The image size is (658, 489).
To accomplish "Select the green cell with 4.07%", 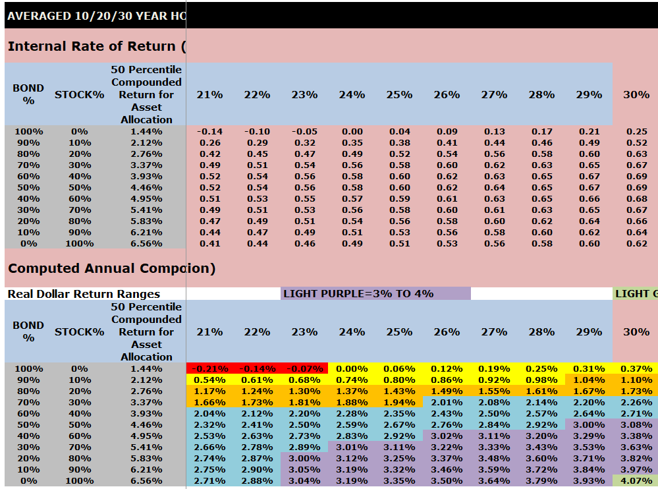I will pyautogui.click(x=636, y=481).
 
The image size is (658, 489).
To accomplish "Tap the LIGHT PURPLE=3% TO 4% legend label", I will pyautogui.click(x=358, y=293).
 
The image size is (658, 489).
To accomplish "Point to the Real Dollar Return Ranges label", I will pyautogui.click(x=84, y=294).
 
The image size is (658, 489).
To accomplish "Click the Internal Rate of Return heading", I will pyautogui.click(x=96, y=46).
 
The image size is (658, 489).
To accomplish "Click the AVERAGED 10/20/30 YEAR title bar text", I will pyautogui.click(x=96, y=16).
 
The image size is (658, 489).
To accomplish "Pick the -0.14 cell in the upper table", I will pyautogui.click(x=209, y=132).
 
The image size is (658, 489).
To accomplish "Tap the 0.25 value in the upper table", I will pyautogui.click(x=636, y=132).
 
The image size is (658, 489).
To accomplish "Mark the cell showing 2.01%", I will pyautogui.click(x=447, y=403).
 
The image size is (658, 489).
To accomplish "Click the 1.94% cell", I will pyautogui.click(x=399, y=403).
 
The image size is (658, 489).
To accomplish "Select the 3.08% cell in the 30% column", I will pyautogui.click(x=636, y=425).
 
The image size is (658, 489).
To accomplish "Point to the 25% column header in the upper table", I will pyautogui.click(x=399, y=94).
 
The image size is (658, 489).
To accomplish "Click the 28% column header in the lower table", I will pyautogui.click(x=541, y=331).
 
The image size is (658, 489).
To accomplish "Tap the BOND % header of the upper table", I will pyautogui.click(x=28, y=94).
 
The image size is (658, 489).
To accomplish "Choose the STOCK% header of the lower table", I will pyautogui.click(x=79, y=331).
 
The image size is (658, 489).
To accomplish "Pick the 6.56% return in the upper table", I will pyautogui.click(x=146, y=244).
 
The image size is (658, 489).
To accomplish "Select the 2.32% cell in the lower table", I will pyautogui.click(x=209, y=425).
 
